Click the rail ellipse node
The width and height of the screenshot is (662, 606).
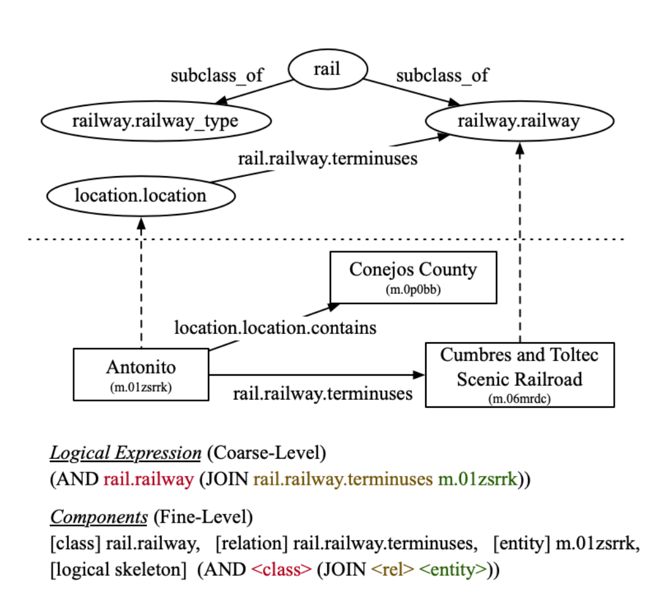tap(327, 69)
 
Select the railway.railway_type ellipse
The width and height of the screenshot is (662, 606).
tap(155, 121)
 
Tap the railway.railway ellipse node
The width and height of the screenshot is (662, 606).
tap(518, 121)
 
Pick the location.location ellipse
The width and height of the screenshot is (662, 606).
tap(140, 195)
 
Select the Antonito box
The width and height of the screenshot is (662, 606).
tap(140, 373)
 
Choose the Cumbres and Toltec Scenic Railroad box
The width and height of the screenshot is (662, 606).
tap(519, 374)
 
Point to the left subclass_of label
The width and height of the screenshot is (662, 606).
tap(217, 76)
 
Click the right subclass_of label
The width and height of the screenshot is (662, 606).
tap(442, 76)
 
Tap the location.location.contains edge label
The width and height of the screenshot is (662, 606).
tap(275, 328)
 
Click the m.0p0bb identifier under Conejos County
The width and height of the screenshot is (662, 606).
tap(413, 290)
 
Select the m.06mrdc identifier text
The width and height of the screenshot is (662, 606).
tap(519, 398)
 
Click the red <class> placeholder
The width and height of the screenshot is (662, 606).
tap(282, 569)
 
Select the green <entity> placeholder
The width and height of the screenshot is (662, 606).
tap(454, 569)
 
